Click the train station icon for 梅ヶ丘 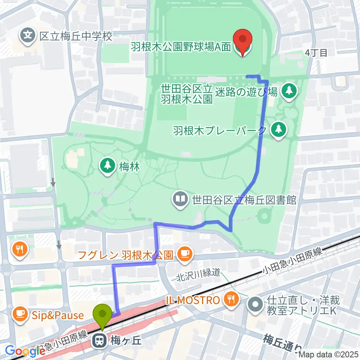point(100,340)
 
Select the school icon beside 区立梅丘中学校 point(28,36)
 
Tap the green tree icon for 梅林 point(108,166)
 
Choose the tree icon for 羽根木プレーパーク point(278,130)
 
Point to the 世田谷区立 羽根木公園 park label point(187,94)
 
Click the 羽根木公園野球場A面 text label point(181,48)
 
